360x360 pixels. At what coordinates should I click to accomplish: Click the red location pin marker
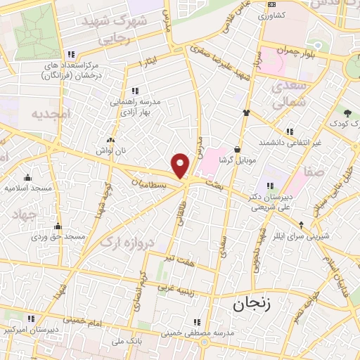click(181, 165)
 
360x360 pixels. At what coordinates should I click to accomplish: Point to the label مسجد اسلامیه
click(27, 188)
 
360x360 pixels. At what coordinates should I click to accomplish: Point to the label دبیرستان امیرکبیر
click(28, 329)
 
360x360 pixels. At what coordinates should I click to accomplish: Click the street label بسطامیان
click(150, 184)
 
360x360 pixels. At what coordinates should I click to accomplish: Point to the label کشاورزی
click(271, 15)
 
